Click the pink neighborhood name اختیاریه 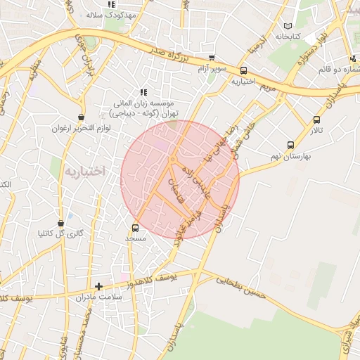pos(84,170)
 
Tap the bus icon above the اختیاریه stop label pos(244,71)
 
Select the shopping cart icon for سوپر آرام pos(212,59)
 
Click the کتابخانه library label pos(287,36)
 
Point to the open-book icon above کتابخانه pos(287,25)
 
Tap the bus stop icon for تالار pos(317,120)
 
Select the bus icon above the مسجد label pos(135,228)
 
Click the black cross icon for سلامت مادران pos(98,286)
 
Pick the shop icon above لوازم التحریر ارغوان pos(81,117)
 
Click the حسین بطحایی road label pos(241,287)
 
